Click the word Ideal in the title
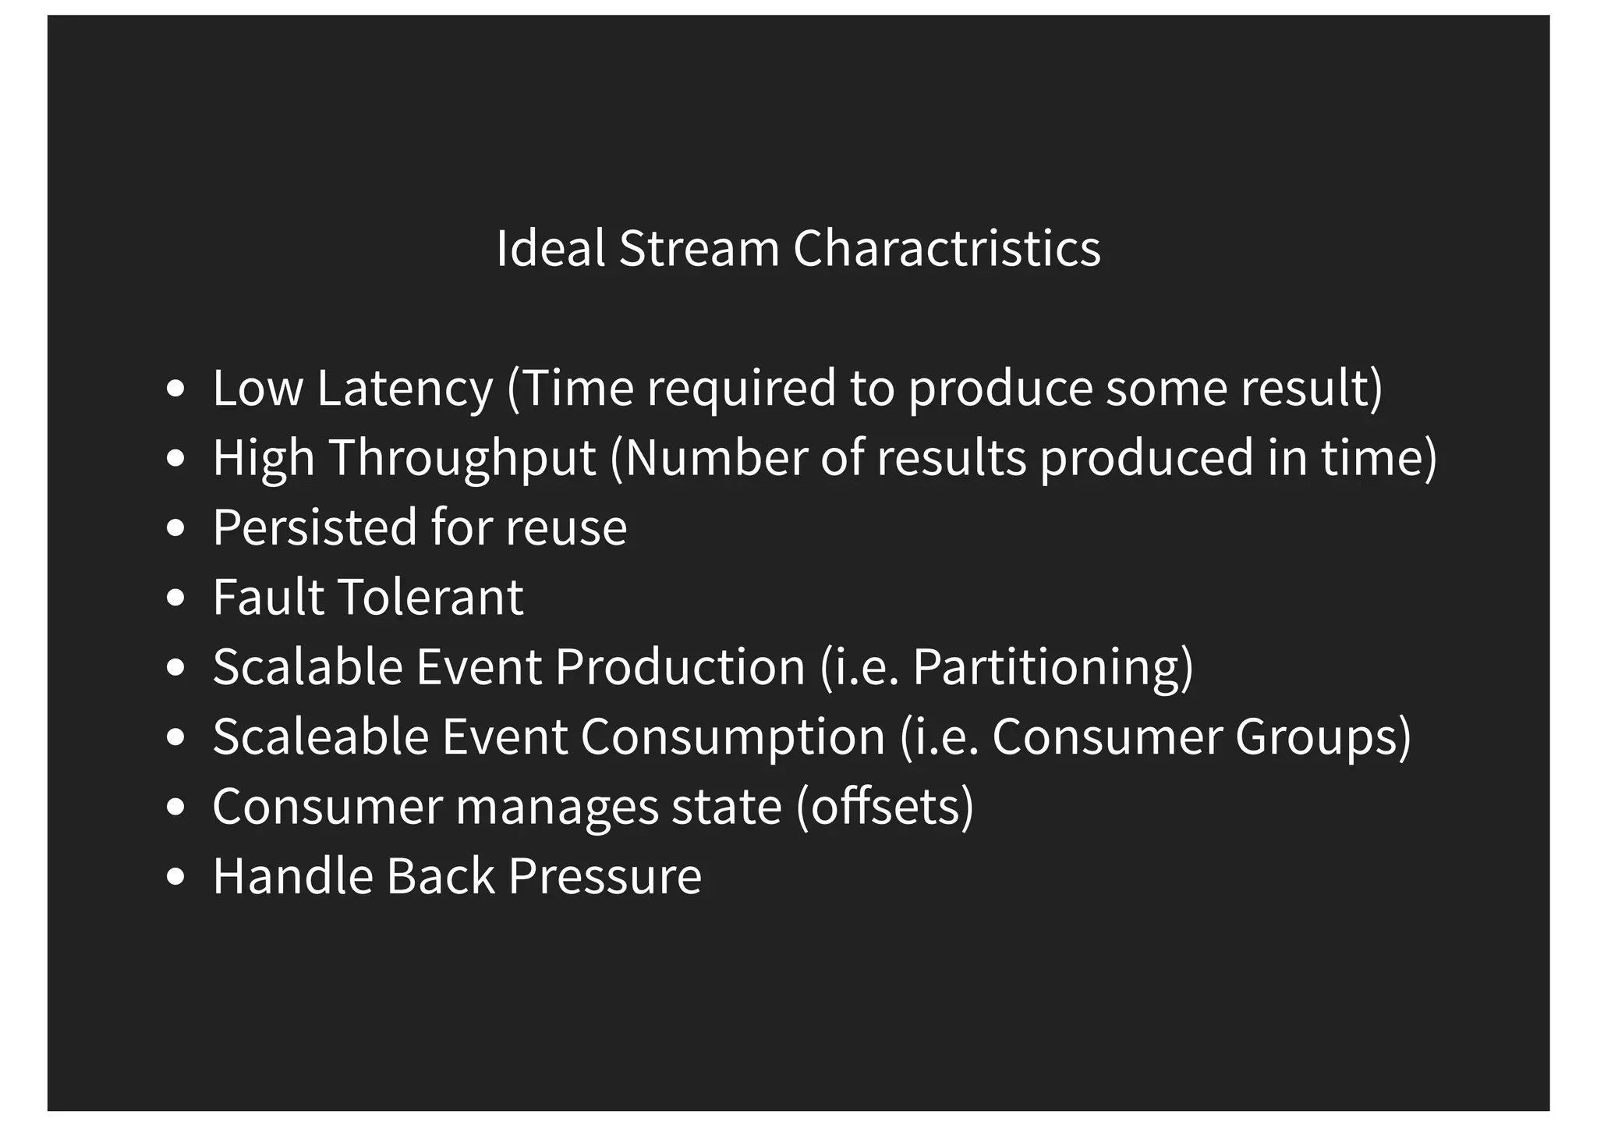point(551,248)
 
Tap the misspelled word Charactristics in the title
point(947,248)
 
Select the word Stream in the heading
point(699,248)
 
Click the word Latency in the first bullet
point(405,388)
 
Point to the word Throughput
point(462,458)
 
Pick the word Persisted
point(315,527)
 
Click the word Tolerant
point(433,598)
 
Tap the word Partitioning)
point(1053,668)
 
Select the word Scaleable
point(320,737)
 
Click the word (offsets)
point(885,807)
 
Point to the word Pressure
point(605,876)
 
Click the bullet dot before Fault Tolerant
point(176,598)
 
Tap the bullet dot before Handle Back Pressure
point(176,877)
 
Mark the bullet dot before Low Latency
point(176,389)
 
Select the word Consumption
point(733,737)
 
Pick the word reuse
point(566,527)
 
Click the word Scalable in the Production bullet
point(308,668)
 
